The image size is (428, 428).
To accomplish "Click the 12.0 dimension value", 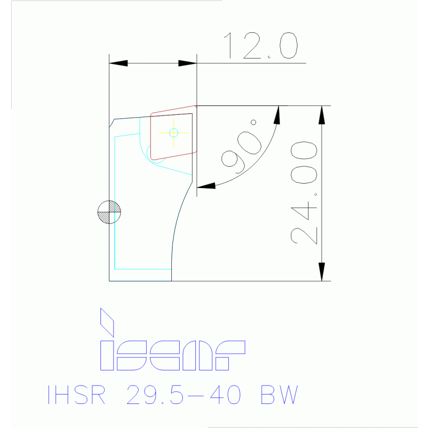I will pyautogui.click(x=260, y=46).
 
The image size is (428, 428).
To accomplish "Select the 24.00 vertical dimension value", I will pyautogui.click(x=304, y=193).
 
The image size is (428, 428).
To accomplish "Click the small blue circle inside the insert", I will pyautogui.click(x=174, y=132).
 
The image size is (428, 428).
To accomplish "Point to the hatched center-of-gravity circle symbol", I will pyautogui.click(x=109, y=211).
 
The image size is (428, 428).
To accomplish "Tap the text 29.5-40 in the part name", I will pyautogui.click(x=185, y=395).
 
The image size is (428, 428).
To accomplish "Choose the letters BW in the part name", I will pyautogui.click(x=279, y=395).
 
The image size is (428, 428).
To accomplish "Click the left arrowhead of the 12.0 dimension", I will pyautogui.click(x=118, y=63).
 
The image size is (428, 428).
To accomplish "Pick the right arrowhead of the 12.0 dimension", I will pyautogui.click(x=187, y=63).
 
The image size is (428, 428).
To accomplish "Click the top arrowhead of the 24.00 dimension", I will pyautogui.click(x=321, y=114).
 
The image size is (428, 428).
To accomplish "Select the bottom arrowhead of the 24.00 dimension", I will pyautogui.click(x=321, y=272).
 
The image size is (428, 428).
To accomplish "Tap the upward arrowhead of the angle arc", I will pyautogui.click(x=277, y=115).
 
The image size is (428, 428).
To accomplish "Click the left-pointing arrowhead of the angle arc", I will pyautogui.click(x=206, y=186).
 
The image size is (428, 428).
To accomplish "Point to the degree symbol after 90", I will pyautogui.click(x=253, y=122).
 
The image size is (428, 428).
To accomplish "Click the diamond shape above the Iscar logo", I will pyautogui.click(x=107, y=322).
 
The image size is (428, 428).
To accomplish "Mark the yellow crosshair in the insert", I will pyautogui.click(x=173, y=132).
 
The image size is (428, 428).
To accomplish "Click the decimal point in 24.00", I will pyautogui.click(x=316, y=195).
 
